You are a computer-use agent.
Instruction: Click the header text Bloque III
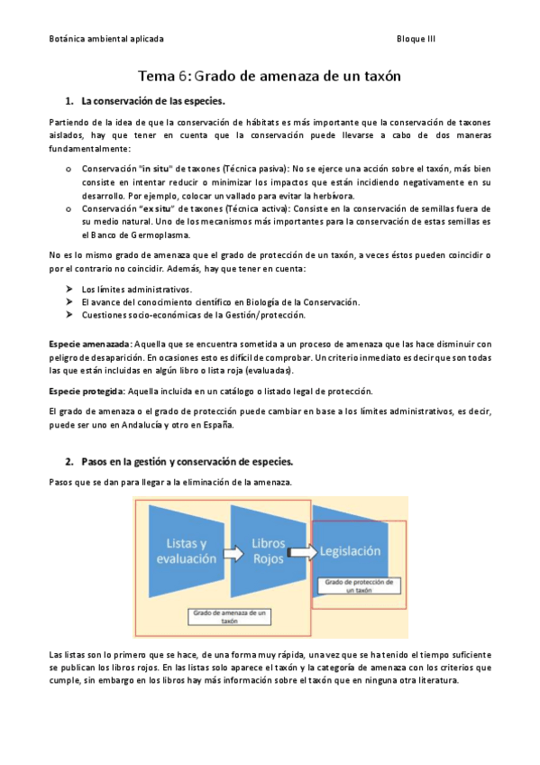416,41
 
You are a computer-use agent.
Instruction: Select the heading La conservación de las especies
152,101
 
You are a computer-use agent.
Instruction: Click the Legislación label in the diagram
348,550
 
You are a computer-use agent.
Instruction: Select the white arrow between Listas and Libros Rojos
233,552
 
